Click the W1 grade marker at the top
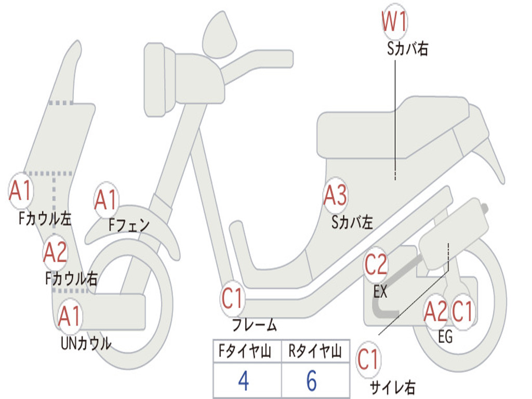(x=394, y=22)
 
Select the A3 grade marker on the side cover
(x=335, y=196)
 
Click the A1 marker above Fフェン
(x=107, y=199)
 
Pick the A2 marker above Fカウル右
(x=55, y=252)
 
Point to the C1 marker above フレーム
(x=233, y=299)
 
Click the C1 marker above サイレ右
(x=369, y=360)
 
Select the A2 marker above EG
(x=435, y=312)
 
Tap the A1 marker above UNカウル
(x=70, y=316)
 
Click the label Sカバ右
(x=407, y=49)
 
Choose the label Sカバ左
(x=352, y=223)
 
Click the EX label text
(x=380, y=292)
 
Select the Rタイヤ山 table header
(x=315, y=352)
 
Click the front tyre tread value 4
(x=243, y=381)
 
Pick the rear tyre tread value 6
(x=311, y=381)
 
